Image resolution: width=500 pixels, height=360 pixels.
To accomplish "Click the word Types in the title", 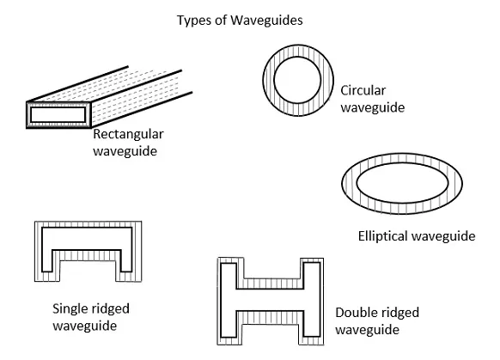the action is click(x=191, y=21).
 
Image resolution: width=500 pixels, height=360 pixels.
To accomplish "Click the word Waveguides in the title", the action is click(x=266, y=20).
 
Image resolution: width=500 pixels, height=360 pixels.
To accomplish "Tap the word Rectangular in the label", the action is click(x=128, y=134).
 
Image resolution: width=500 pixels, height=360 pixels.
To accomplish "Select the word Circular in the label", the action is click(x=363, y=90).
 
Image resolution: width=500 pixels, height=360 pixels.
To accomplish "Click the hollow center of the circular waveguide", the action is click(x=297, y=80).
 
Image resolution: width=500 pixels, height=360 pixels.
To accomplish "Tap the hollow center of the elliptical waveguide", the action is click(x=402, y=183).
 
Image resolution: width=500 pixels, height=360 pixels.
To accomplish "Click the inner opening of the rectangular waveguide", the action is click(x=58, y=115).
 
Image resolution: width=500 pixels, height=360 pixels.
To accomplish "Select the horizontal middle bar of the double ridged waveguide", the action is click(x=270, y=300).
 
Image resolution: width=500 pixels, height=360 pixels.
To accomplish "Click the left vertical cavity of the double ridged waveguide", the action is click(x=229, y=300).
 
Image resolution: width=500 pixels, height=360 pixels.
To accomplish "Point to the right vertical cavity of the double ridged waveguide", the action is click(x=312, y=300).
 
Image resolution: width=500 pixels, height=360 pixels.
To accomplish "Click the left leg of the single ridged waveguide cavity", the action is click(x=47, y=255).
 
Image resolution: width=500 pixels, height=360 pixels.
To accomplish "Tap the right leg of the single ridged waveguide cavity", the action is click(x=126, y=255).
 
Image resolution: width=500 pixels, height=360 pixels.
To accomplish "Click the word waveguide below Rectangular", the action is click(x=125, y=151).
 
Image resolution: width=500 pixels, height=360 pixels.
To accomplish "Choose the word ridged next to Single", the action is click(x=110, y=309).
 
